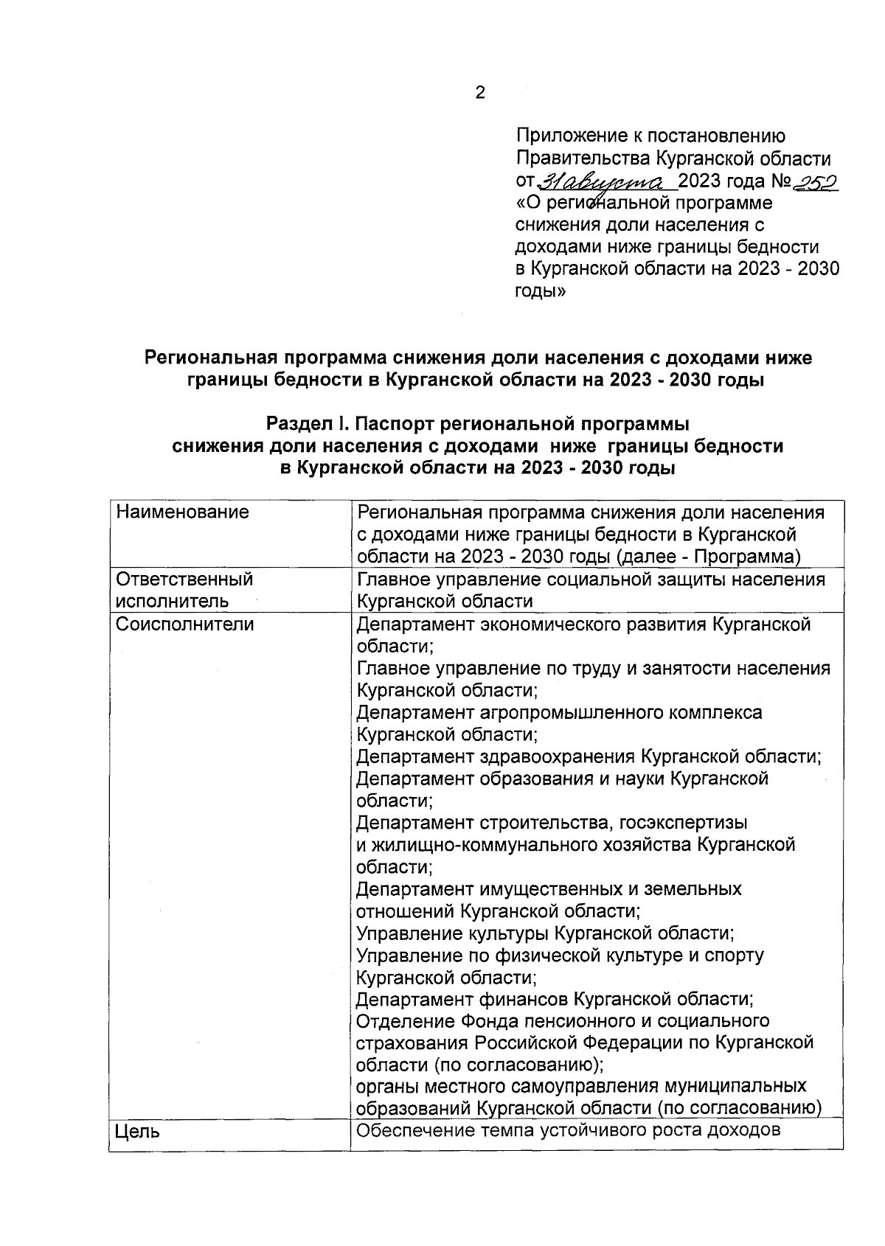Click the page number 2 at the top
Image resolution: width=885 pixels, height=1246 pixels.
click(480, 94)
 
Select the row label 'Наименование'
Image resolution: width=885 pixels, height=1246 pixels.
click(182, 512)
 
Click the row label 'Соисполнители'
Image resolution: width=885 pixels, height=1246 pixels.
click(185, 624)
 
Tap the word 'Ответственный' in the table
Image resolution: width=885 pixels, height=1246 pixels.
click(184, 580)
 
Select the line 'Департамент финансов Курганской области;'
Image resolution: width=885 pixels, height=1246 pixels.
click(555, 999)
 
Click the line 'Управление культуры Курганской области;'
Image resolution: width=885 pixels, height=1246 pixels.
click(545, 933)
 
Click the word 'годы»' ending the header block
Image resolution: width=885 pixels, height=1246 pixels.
click(541, 290)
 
